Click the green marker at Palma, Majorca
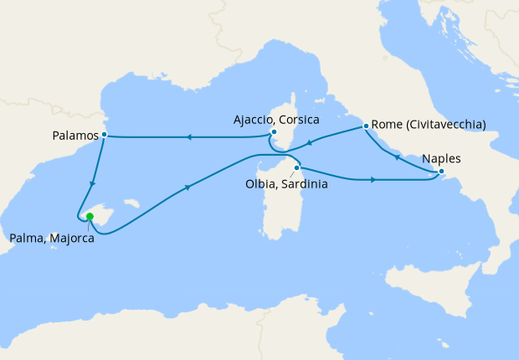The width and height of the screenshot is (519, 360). pyautogui.click(x=90, y=217)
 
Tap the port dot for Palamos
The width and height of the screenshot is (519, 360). pyautogui.click(x=104, y=134)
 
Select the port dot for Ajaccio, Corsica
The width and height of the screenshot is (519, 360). pyautogui.click(x=274, y=131)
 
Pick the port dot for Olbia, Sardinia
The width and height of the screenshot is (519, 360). pyautogui.click(x=296, y=167)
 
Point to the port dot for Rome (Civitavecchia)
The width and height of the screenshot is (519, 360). pyautogui.click(x=366, y=126)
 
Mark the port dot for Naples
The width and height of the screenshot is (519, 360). pyautogui.click(x=442, y=173)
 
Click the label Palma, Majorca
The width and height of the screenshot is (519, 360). pyautogui.click(x=52, y=239)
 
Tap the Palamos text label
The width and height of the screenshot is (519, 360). pyautogui.click(x=73, y=134)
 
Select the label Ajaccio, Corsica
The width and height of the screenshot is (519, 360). pyautogui.click(x=276, y=120)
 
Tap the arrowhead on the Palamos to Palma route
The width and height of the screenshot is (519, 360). pyautogui.click(x=92, y=183)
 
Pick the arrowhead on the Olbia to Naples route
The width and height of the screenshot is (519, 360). pyautogui.click(x=373, y=179)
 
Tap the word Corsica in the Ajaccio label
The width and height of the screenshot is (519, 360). pyautogui.click(x=301, y=120)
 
